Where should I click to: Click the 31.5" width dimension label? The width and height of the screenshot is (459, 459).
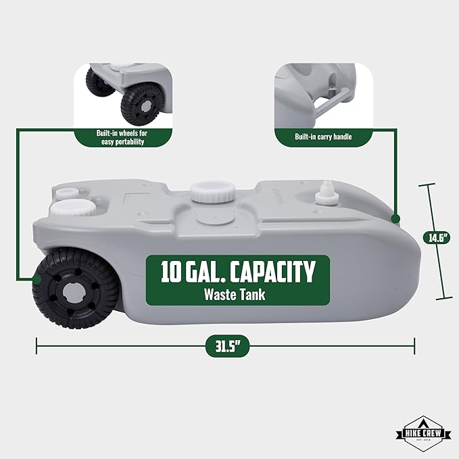(227, 346)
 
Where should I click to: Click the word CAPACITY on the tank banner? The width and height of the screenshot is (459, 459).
(272, 272)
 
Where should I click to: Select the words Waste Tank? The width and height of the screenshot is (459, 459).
(235, 295)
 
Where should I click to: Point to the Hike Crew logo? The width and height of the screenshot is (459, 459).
(424, 434)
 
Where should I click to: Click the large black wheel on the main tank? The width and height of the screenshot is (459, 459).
(76, 288)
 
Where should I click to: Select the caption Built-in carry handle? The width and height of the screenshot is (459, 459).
(323, 137)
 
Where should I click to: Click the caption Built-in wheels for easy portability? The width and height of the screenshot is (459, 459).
(122, 137)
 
